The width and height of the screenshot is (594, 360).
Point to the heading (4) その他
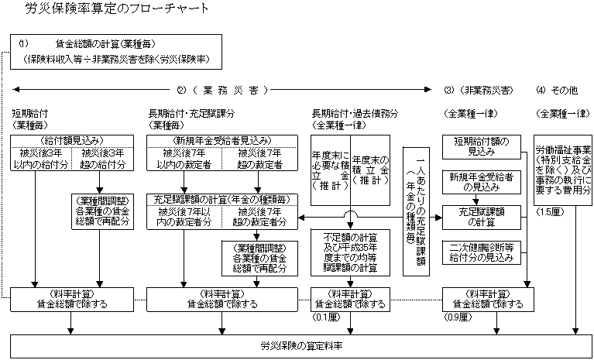coord(556,90)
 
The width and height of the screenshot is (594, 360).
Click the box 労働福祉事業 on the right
coord(563,171)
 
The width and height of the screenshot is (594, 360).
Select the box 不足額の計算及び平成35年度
coord(349,251)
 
